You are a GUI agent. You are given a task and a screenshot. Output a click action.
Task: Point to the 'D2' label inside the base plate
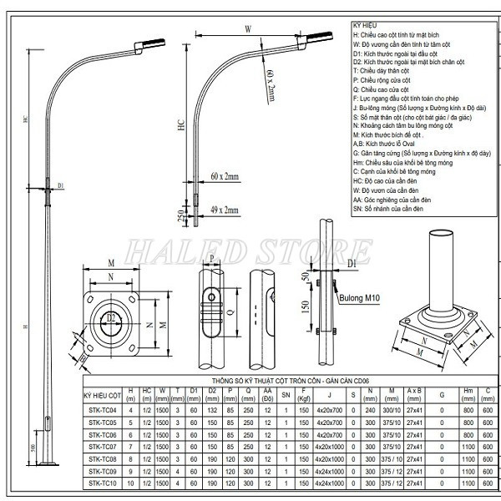tap(111, 318)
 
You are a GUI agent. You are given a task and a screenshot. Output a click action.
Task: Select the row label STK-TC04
tap(104, 410)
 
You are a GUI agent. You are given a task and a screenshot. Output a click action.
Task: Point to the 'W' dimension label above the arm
tap(248, 29)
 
